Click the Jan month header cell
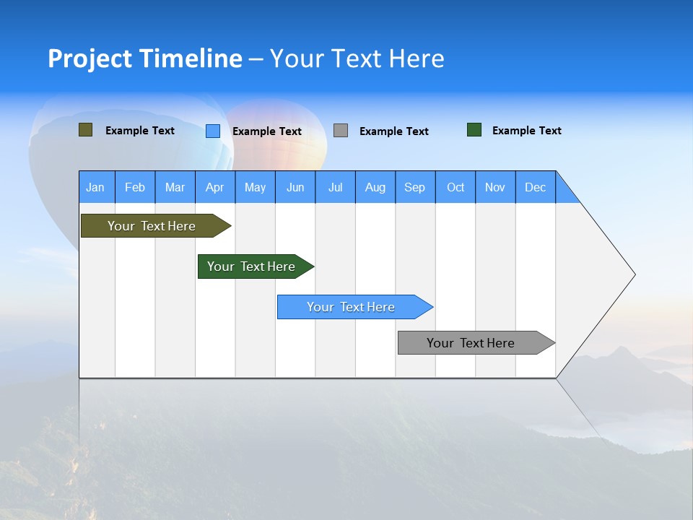96,187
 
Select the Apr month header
214,187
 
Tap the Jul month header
335,187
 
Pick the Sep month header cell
414,187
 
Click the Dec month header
535,187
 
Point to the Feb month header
135,187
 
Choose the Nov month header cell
495,187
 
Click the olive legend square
85,130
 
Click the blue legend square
212,131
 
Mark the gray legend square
341,131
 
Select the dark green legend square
474,130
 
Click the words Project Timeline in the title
144,58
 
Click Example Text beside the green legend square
526,131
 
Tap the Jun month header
295,187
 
